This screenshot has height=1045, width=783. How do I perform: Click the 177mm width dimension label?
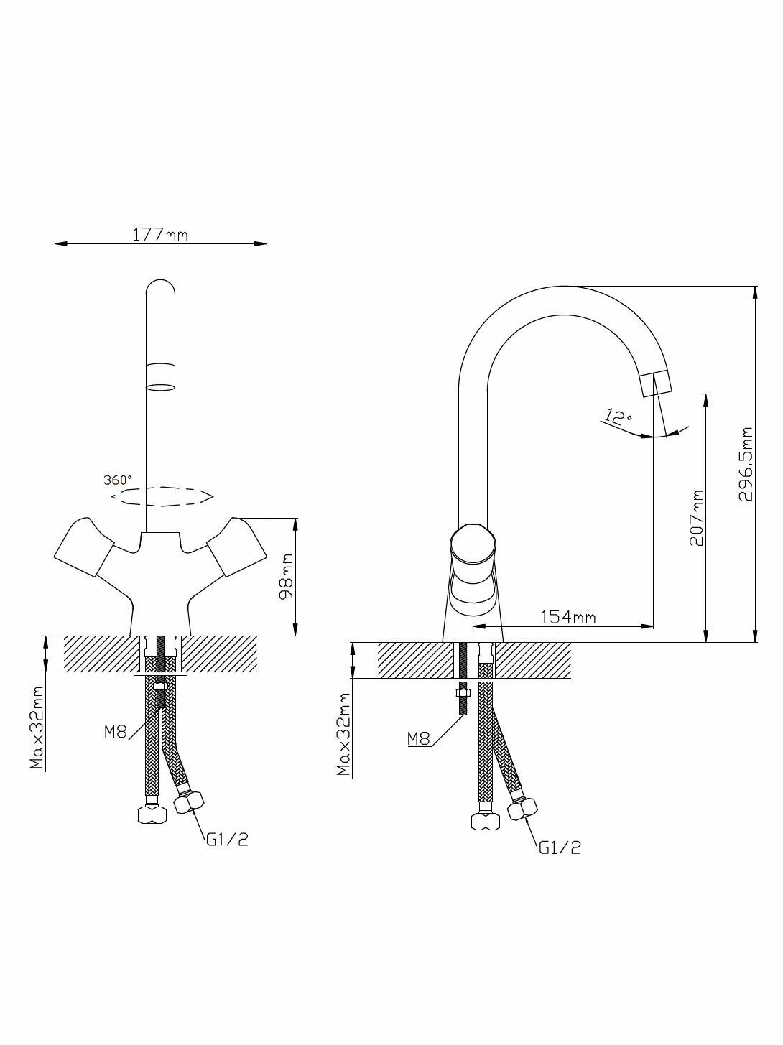coord(160,234)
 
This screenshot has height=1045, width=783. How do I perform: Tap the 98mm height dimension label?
coord(286,577)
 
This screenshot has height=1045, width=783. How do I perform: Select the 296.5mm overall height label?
coord(747,465)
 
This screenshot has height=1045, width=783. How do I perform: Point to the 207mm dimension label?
coord(695,518)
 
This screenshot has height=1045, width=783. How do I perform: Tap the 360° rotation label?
coord(118,479)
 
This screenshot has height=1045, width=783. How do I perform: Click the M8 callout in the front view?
coord(115,732)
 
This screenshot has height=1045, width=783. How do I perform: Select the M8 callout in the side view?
coord(418,738)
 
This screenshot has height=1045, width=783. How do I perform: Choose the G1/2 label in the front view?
coord(227,840)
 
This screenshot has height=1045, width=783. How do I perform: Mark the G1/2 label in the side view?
coord(560,848)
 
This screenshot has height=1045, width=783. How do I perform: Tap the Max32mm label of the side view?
coord(343,735)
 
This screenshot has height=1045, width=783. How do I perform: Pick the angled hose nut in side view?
coord(524,808)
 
